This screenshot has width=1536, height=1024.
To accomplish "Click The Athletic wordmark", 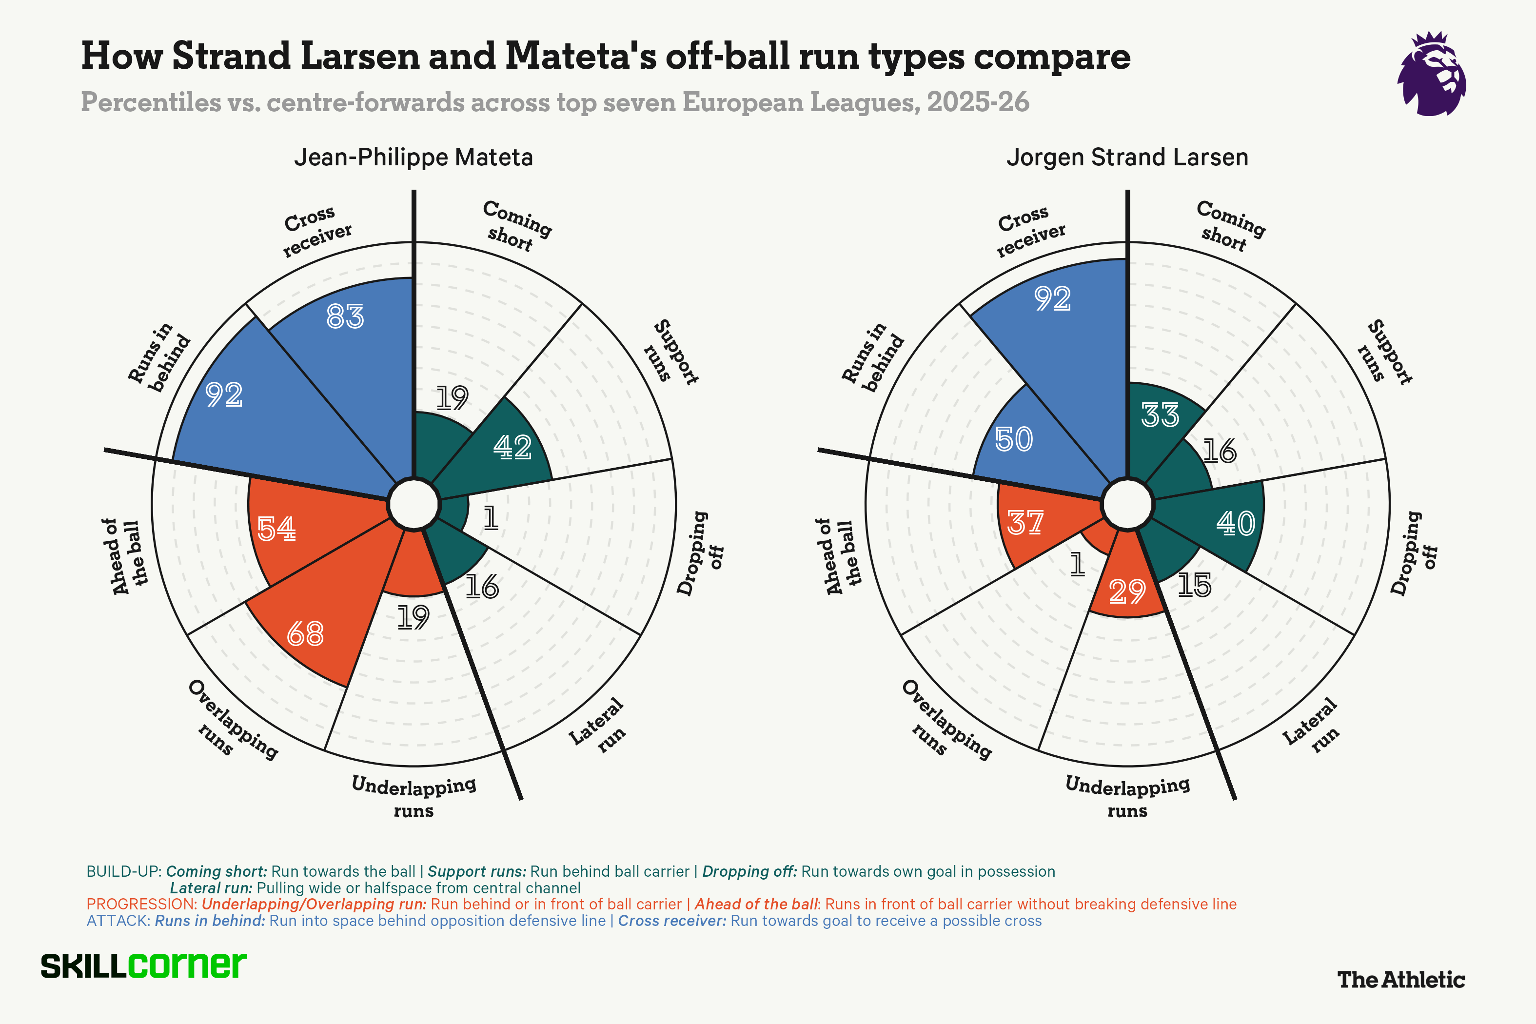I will tap(1401, 980).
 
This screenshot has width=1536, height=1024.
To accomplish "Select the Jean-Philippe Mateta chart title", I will tap(414, 158).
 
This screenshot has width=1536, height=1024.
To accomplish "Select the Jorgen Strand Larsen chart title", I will tap(1127, 158).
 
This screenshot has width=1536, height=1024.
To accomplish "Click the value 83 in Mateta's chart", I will tap(345, 317).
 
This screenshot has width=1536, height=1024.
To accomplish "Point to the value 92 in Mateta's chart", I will tap(224, 394).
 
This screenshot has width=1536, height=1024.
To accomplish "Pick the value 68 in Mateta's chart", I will tap(305, 633).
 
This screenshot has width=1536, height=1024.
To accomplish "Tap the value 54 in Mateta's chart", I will tap(276, 528).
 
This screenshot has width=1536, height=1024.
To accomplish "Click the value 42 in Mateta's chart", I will tap(512, 447).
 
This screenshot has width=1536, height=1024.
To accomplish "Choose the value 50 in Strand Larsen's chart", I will tap(1014, 439).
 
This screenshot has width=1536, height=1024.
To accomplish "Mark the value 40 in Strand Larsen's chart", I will tap(1236, 523).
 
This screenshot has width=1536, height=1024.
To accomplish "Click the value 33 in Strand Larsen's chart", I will tap(1161, 414).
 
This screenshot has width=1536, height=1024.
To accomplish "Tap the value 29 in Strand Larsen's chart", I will tap(1127, 591).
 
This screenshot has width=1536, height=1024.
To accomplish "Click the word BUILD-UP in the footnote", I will tap(123, 871).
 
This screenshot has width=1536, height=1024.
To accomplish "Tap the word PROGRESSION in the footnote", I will tap(141, 904).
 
